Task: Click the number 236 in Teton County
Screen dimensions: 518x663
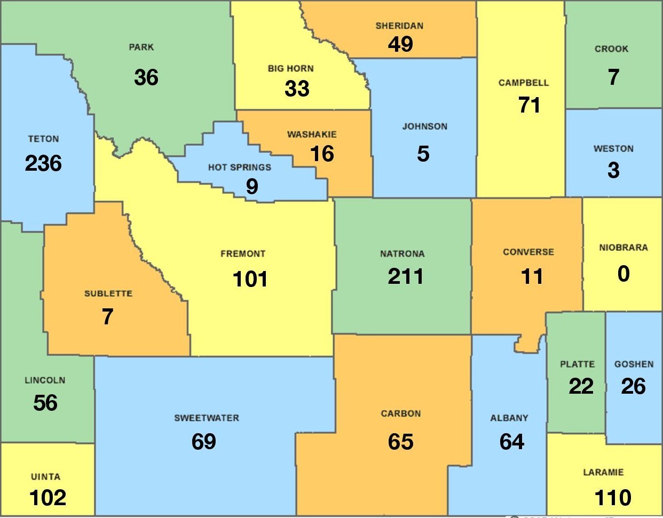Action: (x=43, y=163)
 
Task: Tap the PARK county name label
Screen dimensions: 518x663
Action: (x=141, y=47)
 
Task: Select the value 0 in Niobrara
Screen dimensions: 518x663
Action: (x=623, y=274)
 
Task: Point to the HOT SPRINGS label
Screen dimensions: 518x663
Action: (x=240, y=167)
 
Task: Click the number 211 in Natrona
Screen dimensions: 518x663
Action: (x=406, y=276)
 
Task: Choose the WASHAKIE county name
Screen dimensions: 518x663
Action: (x=312, y=134)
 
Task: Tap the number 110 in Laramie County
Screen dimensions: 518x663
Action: (x=613, y=498)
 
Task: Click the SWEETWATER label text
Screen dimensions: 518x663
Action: (x=207, y=418)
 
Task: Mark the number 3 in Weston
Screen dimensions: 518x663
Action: (x=614, y=170)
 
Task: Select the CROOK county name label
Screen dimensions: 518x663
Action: (x=612, y=49)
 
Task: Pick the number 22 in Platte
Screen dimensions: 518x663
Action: (x=581, y=386)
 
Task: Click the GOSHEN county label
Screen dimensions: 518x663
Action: (x=634, y=364)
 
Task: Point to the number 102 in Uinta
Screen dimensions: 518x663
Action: (x=48, y=498)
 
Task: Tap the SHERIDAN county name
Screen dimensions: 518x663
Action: (x=399, y=26)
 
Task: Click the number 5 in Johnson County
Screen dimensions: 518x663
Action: (x=423, y=154)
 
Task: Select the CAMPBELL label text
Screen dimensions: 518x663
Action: (x=524, y=83)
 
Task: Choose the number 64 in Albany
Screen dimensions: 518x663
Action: (x=511, y=441)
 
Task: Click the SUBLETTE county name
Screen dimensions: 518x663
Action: (x=108, y=293)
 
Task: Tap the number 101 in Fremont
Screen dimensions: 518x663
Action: (x=250, y=278)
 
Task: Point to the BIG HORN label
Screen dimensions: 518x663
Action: (x=291, y=68)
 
